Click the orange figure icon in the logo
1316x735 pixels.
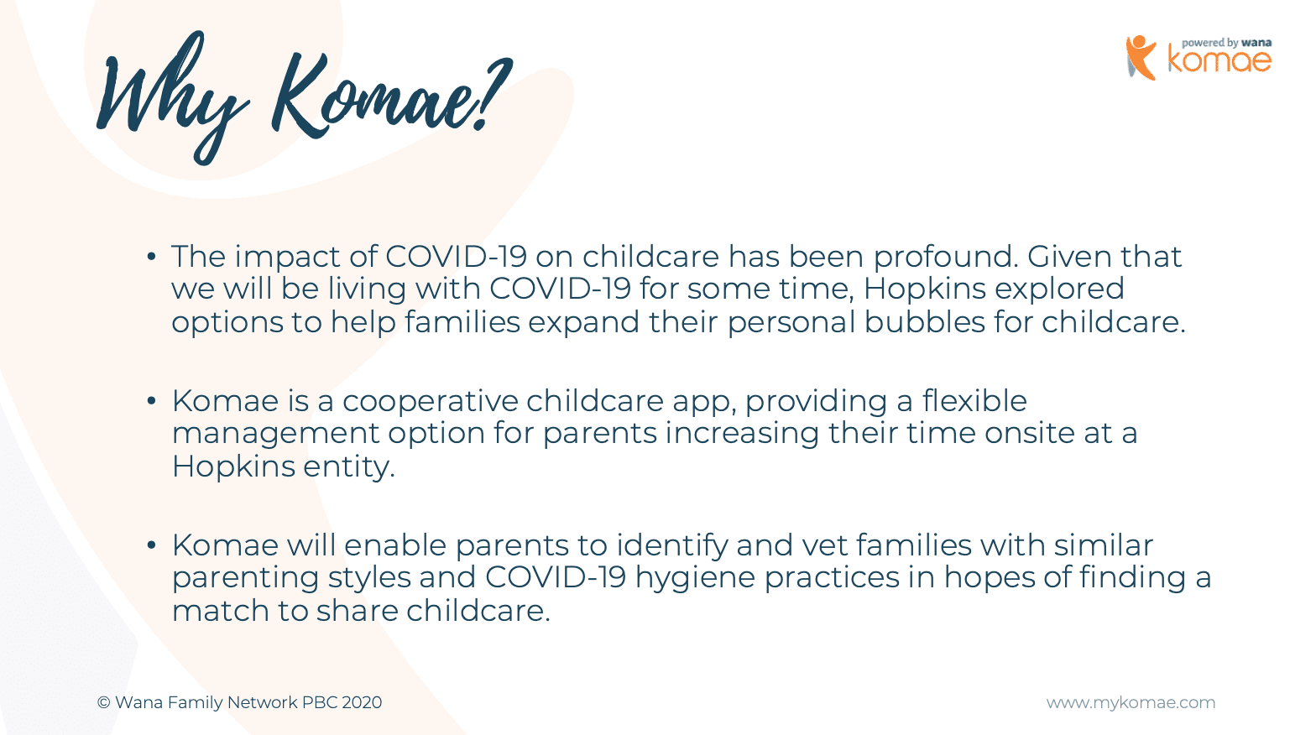[1141, 58]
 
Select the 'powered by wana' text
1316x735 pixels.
[1227, 43]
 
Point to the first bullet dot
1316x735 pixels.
[152, 256]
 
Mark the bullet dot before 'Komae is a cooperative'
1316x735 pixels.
[152, 401]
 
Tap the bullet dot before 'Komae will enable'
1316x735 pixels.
[152, 545]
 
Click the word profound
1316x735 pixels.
[946, 258]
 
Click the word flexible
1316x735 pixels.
[974, 401]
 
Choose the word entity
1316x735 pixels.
[349, 467]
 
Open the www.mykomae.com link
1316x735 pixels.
[1131, 702]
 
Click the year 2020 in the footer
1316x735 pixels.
[362, 702]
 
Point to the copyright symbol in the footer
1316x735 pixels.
[103, 702]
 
